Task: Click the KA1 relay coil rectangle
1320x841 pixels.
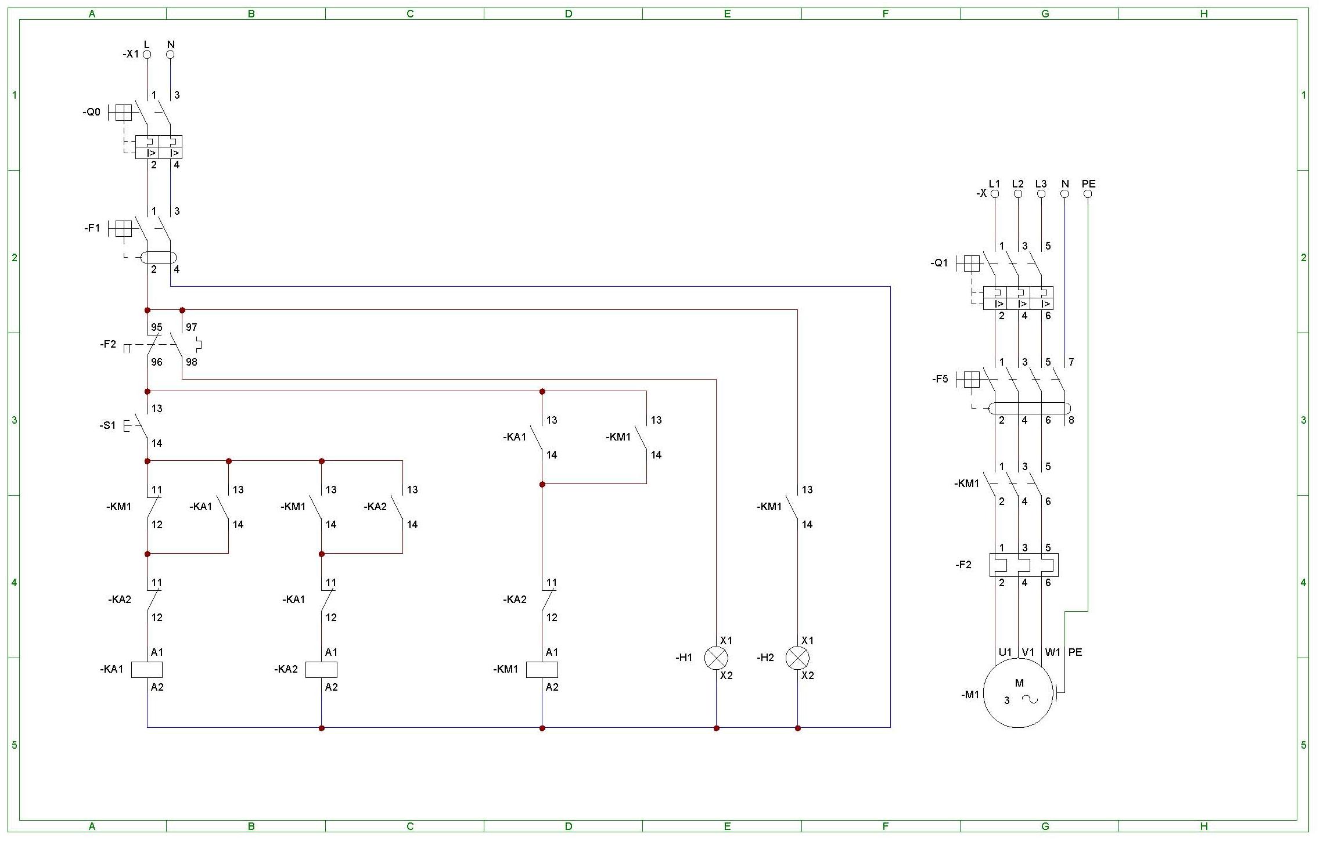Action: point(147,669)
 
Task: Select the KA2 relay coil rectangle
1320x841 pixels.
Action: point(321,669)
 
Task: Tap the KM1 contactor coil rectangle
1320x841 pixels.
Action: point(542,669)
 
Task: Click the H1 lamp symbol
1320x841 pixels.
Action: point(716,658)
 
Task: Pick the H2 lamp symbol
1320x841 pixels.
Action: point(797,658)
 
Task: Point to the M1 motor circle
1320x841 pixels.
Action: point(1018,692)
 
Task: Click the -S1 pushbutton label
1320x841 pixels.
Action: point(107,425)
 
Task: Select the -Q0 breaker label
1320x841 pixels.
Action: point(91,112)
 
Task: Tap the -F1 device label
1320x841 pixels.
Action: point(92,228)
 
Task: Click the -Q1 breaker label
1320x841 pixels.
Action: point(939,263)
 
